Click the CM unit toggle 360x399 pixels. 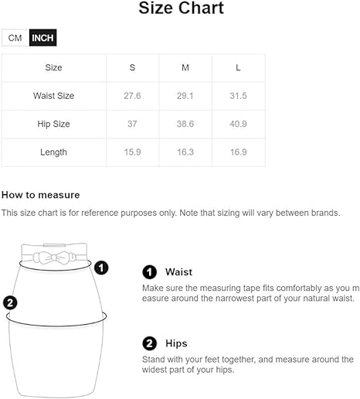pos(15,38)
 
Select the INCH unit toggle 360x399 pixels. pos(42,38)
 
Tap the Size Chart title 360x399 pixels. pos(181,8)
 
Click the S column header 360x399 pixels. pos(132,67)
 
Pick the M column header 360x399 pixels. pos(185,67)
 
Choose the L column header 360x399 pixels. pos(238,67)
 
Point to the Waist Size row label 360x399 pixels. pos(53,96)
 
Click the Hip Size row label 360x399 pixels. pos(53,124)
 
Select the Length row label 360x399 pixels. pos(53,152)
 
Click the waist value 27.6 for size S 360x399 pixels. pos(132,96)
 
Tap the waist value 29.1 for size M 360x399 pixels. pos(185,96)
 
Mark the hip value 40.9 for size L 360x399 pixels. pos(238,124)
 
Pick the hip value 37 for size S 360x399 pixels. pos(132,124)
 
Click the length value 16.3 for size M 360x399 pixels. pos(185,152)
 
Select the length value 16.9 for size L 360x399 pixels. pos(239,152)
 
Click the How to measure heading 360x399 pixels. pos(41,195)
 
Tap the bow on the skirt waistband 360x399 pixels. pos(55,257)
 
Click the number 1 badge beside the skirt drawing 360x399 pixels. pos(101,268)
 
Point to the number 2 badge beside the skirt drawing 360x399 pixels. pos(10,302)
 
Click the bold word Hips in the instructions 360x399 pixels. pos(176,343)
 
